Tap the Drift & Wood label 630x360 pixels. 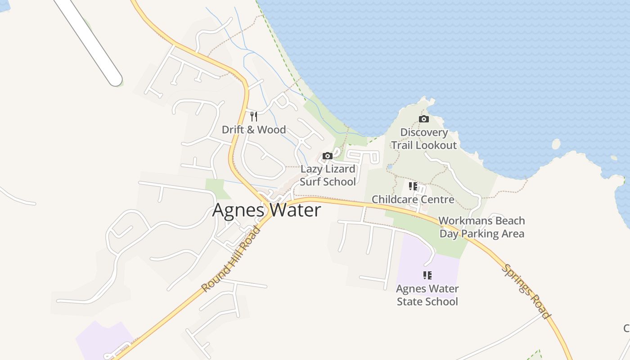[x=254, y=130]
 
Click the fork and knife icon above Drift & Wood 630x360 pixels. [x=254, y=117]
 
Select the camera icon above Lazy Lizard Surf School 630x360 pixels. [x=328, y=156]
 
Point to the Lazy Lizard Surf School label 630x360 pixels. [x=328, y=175]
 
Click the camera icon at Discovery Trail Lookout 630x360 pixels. [x=423, y=119]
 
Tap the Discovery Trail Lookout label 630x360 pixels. [x=424, y=139]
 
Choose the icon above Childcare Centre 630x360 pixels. [x=413, y=186]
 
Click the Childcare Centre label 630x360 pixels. [x=413, y=199]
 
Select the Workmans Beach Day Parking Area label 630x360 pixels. [x=481, y=227]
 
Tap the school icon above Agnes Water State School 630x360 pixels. [x=427, y=275]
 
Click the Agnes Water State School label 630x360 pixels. [x=427, y=295]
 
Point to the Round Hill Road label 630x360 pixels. [x=231, y=259]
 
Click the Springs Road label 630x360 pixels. [x=526, y=291]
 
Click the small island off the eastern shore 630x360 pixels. [x=556, y=144]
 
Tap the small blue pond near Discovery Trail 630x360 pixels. [x=390, y=166]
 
